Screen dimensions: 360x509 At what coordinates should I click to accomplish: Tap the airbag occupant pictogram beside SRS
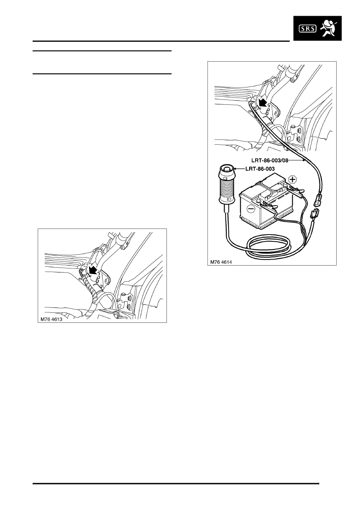pyautogui.click(x=328, y=28)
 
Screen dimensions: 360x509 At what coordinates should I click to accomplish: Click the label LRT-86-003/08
pyautogui.click(x=270, y=160)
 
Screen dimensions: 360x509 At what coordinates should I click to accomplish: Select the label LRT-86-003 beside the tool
pyautogui.click(x=260, y=169)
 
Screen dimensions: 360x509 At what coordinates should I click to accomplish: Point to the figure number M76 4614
pyautogui.click(x=221, y=262)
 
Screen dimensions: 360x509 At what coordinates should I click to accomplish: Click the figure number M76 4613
pyautogui.click(x=51, y=319)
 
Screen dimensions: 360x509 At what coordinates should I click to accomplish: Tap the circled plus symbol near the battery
pyautogui.click(x=293, y=179)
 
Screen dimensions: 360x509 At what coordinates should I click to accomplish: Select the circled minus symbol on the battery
pyautogui.click(x=251, y=209)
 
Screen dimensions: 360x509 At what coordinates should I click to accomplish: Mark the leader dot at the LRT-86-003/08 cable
pyautogui.click(x=304, y=160)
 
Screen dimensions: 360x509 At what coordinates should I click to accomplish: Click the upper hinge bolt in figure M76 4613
pyautogui.click(x=130, y=298)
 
